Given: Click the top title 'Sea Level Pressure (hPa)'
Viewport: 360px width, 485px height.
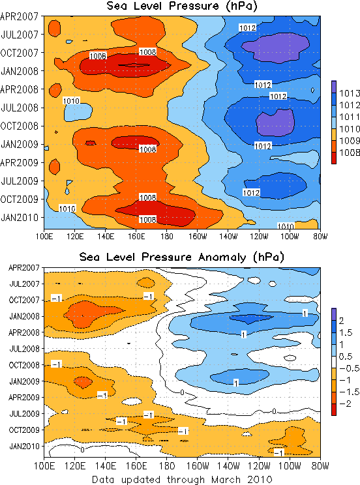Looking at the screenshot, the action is point(182,6).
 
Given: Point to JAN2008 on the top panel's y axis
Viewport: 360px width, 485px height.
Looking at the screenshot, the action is point(20,71).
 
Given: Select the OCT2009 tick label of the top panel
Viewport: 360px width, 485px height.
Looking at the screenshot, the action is point(19,199).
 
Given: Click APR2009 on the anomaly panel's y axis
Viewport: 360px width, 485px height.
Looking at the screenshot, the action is point(24,397).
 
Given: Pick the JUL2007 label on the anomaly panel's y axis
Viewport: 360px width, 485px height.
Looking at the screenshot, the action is point(25,284).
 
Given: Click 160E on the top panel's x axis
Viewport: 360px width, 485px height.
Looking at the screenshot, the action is point(136,237).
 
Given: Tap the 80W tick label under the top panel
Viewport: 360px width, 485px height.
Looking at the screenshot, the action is point(320,237).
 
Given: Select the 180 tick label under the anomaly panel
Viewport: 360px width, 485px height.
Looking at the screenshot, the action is point(167,465).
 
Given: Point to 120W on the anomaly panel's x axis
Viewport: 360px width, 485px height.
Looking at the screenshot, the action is point(259,465).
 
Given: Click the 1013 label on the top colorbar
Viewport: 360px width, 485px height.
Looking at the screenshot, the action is point(350,93).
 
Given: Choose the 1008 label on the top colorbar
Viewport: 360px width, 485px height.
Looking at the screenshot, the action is point(350,153).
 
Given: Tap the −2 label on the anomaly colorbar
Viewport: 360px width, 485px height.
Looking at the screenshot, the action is point(346,404).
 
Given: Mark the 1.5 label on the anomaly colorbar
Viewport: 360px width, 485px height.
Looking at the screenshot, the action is point(346,332).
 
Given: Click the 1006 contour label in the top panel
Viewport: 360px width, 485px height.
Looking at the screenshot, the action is point(98,56).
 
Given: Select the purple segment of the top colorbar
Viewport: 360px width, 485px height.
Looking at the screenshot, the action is point(334,87).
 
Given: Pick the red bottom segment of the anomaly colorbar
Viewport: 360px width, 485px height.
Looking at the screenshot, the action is point(334,409).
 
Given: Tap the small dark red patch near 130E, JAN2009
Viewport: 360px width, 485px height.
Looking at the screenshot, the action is point(91,143).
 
